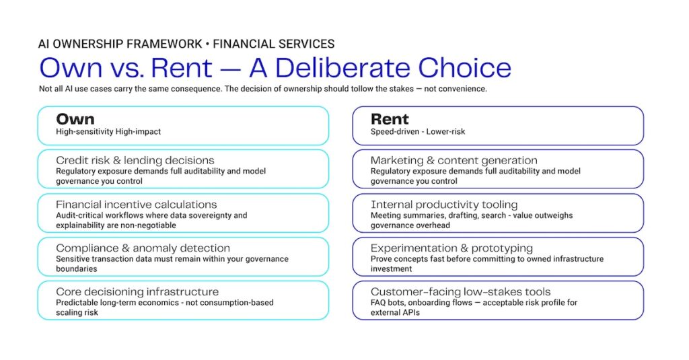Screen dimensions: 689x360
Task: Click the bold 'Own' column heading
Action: tap(75, 119)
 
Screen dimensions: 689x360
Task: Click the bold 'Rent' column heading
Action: tap(390, 119)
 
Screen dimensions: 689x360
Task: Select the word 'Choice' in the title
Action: tap(464, 67)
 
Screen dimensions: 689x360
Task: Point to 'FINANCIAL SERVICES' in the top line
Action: tap(274, 44)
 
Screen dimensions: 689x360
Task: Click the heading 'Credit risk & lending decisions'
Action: tap(135, 160)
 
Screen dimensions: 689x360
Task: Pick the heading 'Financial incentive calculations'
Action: tap(136, 205)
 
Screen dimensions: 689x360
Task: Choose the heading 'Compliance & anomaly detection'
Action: tap(143, 248)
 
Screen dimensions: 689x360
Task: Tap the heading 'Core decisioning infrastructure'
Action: tap(137, 291)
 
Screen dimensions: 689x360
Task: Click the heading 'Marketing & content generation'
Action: tap(454, 160)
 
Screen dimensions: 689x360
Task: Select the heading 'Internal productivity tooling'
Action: tap(444, 205)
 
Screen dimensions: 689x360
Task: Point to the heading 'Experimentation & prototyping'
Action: tap(451, 248)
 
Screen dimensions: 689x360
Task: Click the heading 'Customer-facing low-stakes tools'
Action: tap(460, 291)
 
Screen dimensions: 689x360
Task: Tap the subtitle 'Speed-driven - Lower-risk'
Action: tap(417, 131)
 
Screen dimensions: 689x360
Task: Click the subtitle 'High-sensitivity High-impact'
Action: tap(108, 131)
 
